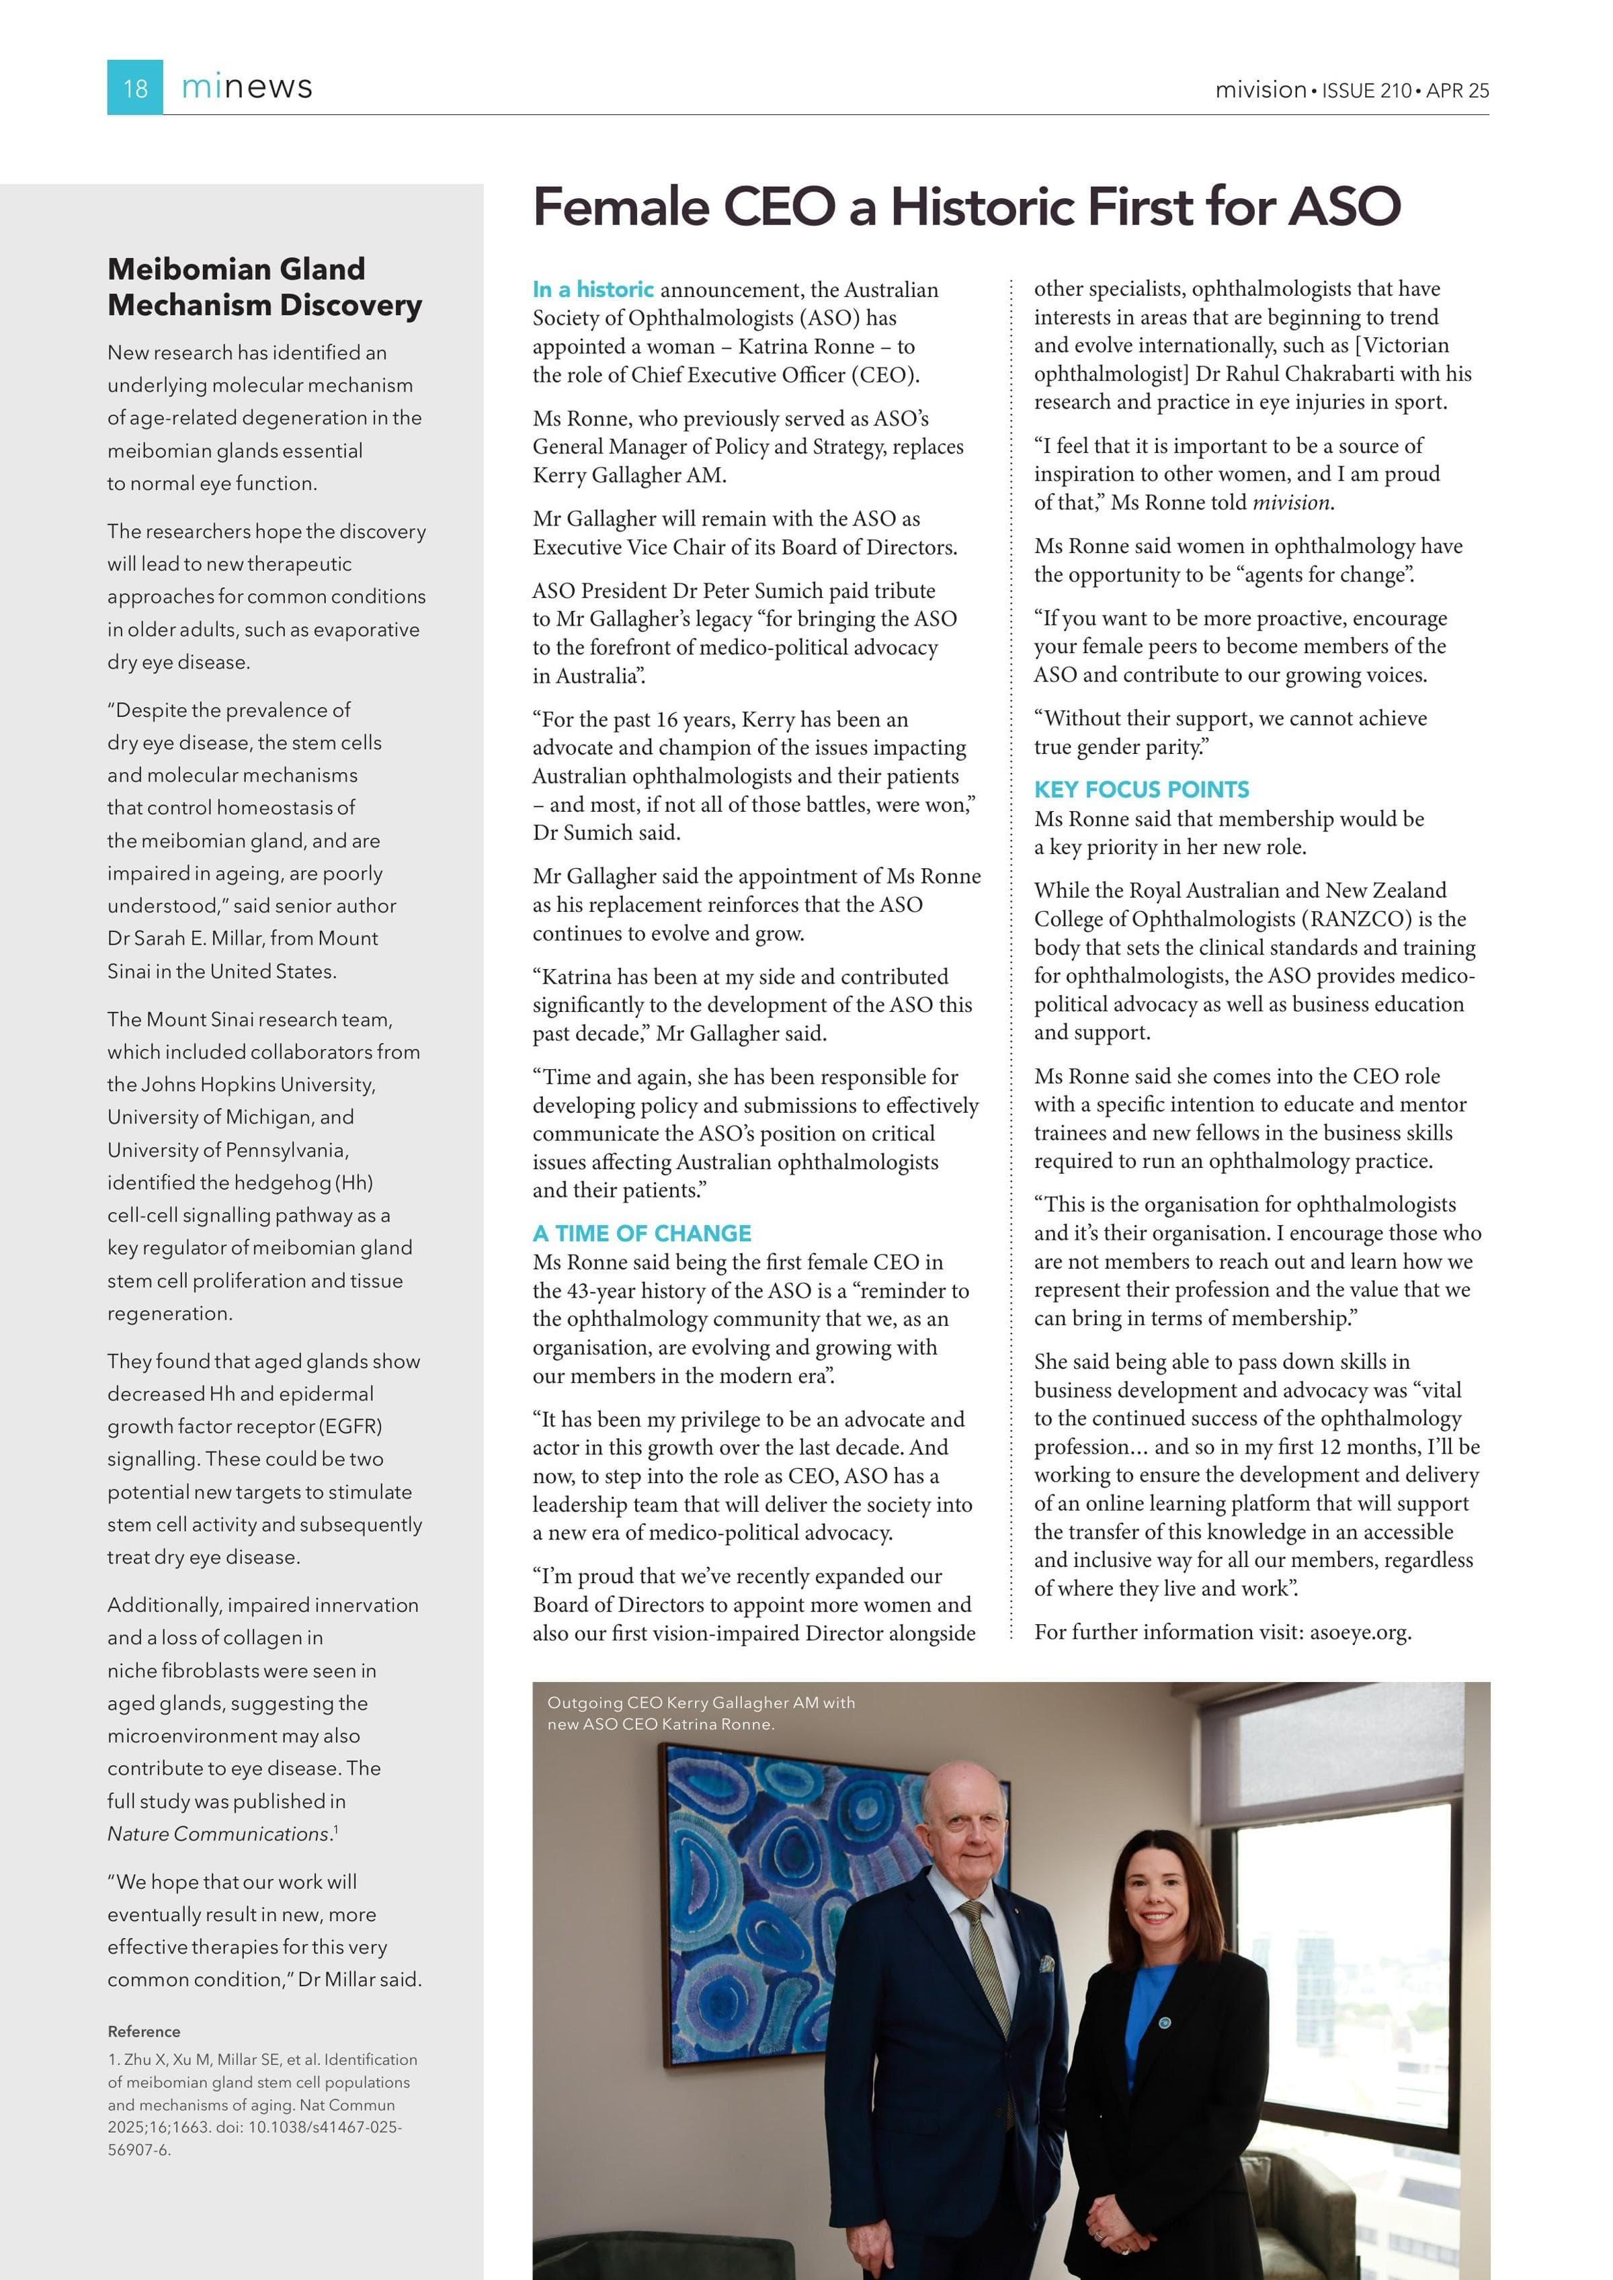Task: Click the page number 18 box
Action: point(135,87)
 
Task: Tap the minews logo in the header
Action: point(247,87)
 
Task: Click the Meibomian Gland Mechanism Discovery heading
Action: point(264,287)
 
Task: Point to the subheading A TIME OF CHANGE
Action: point(642,1233)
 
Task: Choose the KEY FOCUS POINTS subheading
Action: point(1141,790)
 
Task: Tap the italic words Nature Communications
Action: point(218,1834)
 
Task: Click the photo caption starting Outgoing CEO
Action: point(700,1713)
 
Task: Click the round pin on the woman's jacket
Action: point(1165,2023)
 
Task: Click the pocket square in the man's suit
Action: point(1046,1964)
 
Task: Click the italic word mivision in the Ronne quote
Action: point(1290,503)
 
